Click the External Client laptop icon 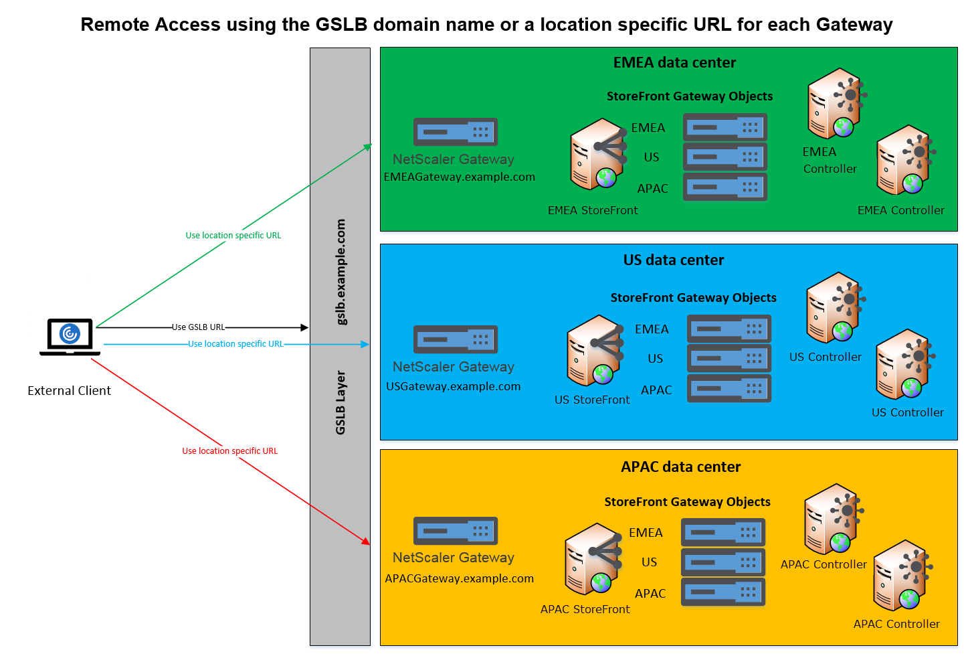70,336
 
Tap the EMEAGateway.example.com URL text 459,177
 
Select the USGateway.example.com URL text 453,386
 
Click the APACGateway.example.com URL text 459,578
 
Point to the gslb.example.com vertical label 341,272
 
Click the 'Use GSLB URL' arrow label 198,327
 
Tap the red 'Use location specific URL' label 229,451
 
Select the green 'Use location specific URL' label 233,236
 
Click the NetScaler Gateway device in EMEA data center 455,132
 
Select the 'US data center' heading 673,260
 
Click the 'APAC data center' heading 680,467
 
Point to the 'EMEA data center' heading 674,63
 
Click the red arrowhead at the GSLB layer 366,541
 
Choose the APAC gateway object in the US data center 729,388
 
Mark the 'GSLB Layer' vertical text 341,402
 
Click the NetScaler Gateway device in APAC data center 455,531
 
